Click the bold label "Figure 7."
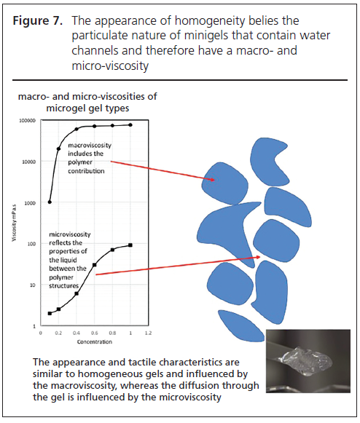pos(38,21)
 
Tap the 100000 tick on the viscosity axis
pos(27,121)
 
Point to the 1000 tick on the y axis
pos(30,203)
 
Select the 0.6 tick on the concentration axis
pos(95,333)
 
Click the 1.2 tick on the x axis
pos(148,333)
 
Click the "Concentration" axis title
pos(95,341)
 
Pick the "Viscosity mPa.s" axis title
pos(14,223)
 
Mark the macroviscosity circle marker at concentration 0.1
pos(50,202)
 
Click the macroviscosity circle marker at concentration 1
pos(130,125)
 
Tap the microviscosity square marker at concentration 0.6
pos(95,265)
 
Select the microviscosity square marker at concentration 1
pos(130,245)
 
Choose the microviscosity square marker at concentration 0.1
pos(50,314)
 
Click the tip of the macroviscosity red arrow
pos(215,180)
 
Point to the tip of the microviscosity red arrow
pos(260,257)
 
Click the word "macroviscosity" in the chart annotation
pos(90,146)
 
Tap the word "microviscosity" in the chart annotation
pos(70,234)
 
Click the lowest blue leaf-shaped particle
pos(241,326)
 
